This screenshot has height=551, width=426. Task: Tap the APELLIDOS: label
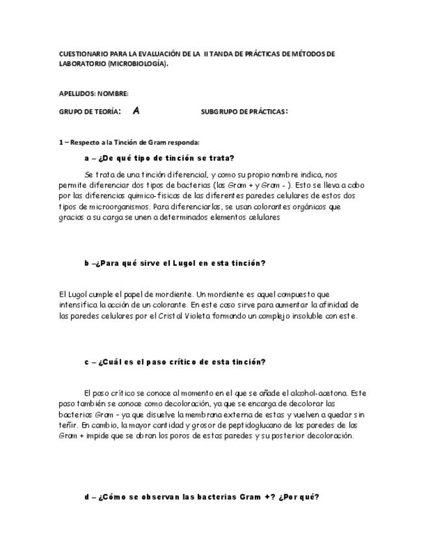pyautogui.click(x=78, y=94)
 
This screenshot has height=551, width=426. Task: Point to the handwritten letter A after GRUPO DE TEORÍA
pyautogui.click(x=136, y=111)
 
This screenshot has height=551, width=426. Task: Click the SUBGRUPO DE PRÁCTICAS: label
pyautogui.click(x=245, y=112)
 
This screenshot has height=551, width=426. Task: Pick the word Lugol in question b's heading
pyautogui.click(x=183, y=263)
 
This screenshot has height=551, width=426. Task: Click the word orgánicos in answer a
pyautogui.click(x=313, y=207)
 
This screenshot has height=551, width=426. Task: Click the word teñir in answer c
pyautogui.click(x=68, y=425)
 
